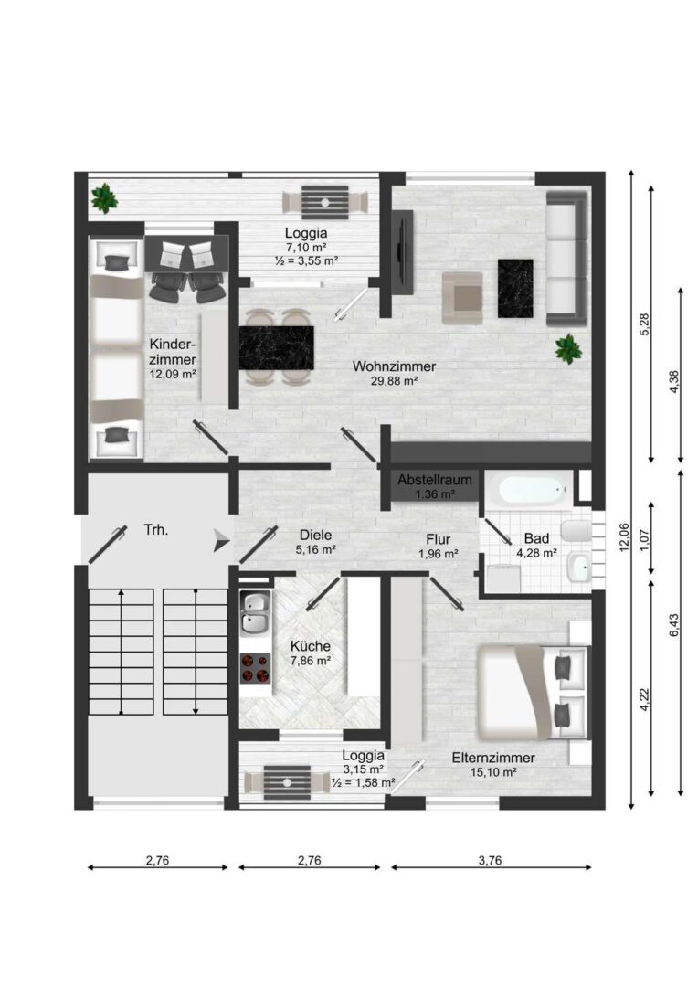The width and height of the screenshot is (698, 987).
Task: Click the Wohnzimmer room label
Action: click(394, 366)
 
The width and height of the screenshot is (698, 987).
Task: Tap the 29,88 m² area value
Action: click(396, 381)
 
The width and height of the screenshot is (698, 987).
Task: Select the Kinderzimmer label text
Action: click(173, 353)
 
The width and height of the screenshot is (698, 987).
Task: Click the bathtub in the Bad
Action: click(533, 491)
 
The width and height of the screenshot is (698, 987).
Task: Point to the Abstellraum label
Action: click(434, 481)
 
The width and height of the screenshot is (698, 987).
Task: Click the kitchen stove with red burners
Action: click(255, 668)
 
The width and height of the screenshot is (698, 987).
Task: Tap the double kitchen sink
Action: click(255, 613)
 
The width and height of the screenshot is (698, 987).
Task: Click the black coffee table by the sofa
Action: click(515, 288)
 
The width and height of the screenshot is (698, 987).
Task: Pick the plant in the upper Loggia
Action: click(104, 198)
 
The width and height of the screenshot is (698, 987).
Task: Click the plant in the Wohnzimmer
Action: click(568, 348)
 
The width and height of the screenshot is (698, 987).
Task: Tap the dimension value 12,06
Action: click(624, 537)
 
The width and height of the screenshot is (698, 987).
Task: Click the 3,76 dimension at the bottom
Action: click(490, 861)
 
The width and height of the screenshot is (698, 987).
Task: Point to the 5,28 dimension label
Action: click(644, 324)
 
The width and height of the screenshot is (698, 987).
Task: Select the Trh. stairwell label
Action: click(156, 530)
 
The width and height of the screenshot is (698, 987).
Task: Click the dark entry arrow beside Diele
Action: click(221, 540)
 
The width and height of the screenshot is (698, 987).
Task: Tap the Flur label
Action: click(438, 539)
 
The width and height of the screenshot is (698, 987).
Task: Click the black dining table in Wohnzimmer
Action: click(276, 348)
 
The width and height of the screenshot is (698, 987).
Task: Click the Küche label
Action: click(311, 646)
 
